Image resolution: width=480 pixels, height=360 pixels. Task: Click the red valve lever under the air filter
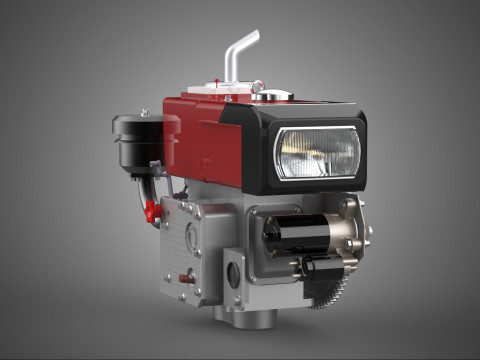coord(151,211)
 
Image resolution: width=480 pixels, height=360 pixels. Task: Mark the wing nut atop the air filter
coord(141,113)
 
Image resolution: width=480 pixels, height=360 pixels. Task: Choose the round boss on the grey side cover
coord(191,238)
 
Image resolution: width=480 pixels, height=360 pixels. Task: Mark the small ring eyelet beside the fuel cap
coord(257,86)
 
